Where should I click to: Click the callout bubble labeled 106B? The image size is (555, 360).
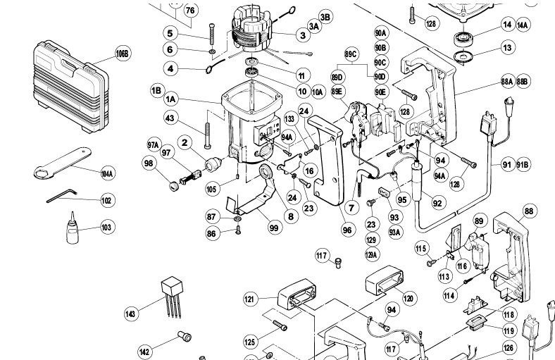(x=123, y=54)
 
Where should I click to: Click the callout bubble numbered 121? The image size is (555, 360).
(x=249, y=299)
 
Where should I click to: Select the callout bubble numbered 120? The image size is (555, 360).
(x=409, y=299)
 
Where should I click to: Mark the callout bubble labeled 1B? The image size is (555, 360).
(x=156, y=90)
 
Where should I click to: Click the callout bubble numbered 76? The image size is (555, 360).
(x=190, y=11)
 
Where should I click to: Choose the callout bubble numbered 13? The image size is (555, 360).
(x=506, y=47)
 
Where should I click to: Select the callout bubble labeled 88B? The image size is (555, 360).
(x=523, y=82)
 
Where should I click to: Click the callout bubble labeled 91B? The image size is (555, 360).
(x=523, y=164)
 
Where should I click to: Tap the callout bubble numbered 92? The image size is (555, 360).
(x=437, y=204)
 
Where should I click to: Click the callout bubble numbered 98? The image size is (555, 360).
(x=149, y=164)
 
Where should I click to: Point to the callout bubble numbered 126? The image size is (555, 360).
(x=509, y=347)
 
